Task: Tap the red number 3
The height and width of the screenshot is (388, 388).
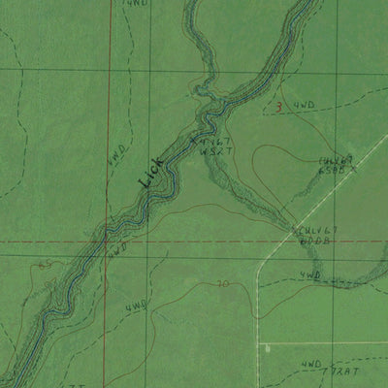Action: tap(278, 108)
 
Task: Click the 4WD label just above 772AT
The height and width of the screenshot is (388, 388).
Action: tap(311, 364)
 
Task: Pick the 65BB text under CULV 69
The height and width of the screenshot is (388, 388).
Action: tap(334, 171)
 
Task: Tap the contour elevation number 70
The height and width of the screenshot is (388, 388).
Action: tap(223, 285)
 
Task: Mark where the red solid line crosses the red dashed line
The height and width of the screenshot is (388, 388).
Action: tap(109, 242)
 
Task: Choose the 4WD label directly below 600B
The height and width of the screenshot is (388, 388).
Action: tap(309, 275)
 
